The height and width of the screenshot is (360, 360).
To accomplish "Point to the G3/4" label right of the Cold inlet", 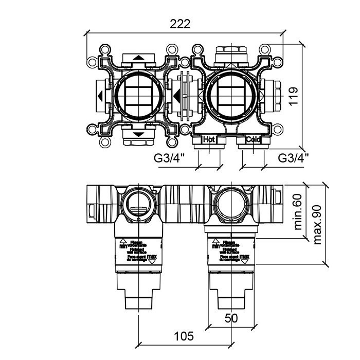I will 293,157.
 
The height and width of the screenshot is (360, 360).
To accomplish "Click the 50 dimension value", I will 231,318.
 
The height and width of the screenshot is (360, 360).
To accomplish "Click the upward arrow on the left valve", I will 138,57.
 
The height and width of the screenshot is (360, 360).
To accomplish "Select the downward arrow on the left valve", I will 138,134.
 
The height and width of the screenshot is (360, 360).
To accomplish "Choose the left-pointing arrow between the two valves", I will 176,96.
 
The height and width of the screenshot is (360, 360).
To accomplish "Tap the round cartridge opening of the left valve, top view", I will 138,96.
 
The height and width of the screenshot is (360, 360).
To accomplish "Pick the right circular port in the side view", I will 231,203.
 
